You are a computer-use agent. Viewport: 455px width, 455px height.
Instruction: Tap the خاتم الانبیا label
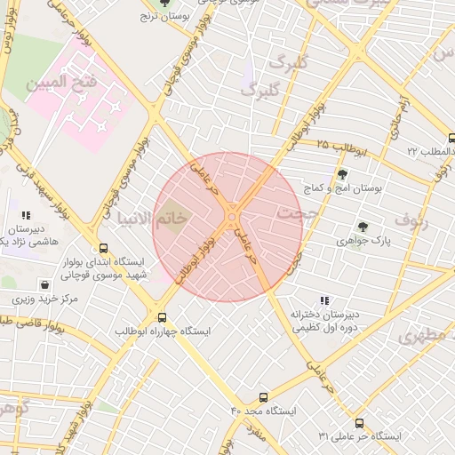click(160, 216)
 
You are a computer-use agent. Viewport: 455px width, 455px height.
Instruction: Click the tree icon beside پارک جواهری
click(363, 227)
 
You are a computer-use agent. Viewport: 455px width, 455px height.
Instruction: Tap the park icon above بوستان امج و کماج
click(343, 174)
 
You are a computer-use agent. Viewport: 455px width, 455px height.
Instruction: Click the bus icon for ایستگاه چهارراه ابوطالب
click(161, 316)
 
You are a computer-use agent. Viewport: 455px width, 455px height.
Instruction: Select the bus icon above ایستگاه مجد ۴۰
click(263, 397)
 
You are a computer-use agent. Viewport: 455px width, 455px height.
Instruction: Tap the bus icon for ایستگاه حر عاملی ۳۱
click(359, 424)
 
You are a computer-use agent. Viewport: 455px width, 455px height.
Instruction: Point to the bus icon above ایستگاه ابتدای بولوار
click(104, 248)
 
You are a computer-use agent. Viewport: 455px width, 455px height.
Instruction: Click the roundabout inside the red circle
click(233, 214)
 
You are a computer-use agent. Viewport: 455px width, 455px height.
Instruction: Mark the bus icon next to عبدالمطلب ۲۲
click(451, 138)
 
